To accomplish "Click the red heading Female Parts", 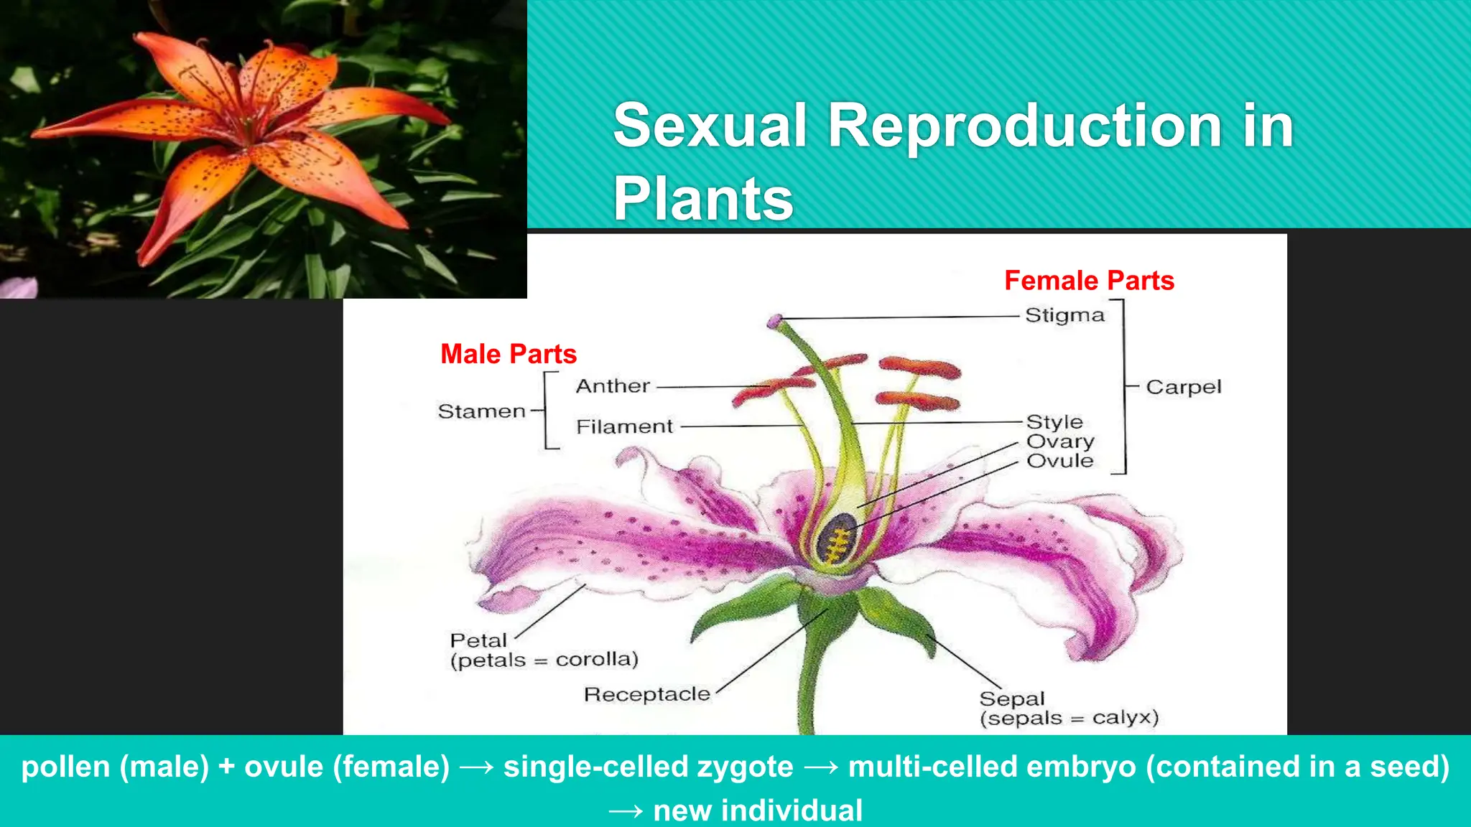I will pos(1089,281).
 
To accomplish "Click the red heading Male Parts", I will pos(509,355).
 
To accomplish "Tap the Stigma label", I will pos(1064,316).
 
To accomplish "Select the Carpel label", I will pos(1183,388).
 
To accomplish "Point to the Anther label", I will pos(613,386).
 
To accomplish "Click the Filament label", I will pos(624,427).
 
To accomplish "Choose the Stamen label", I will pos(481,412).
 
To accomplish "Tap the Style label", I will pos(1054,422).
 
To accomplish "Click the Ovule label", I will pos(1059,461).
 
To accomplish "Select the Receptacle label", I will pos(646,695).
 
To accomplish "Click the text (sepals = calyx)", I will pos(1069,719).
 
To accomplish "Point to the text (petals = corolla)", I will pos(544,660).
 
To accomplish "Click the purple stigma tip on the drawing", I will pos(774,321).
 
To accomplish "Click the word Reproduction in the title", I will pos(1026,126).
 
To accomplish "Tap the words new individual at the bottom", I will pos(757,811).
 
